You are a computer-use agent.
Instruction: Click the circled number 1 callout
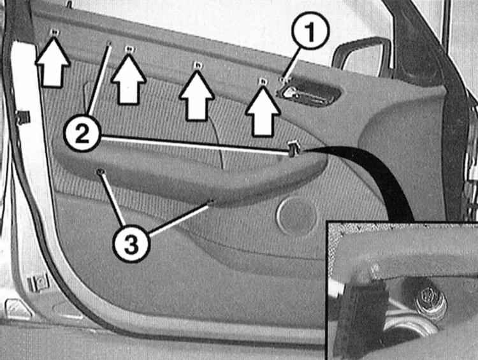tap(310, 31)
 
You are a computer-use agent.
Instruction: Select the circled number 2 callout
tap(82, 134)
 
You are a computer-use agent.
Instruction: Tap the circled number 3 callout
tap(131, 244)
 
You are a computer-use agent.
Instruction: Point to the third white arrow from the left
tap(197, 96)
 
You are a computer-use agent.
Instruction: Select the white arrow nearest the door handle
tap(263, 112)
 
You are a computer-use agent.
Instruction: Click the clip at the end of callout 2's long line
tap(293, 148)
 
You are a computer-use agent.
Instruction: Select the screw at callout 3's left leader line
tap(99, 172)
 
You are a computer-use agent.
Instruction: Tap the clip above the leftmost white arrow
tap(55, 32)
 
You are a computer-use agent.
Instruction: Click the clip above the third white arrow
tap(197, 65)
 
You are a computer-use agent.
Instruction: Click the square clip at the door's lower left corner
tap(38, 283)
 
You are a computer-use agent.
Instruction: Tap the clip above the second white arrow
tap(129, 49)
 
